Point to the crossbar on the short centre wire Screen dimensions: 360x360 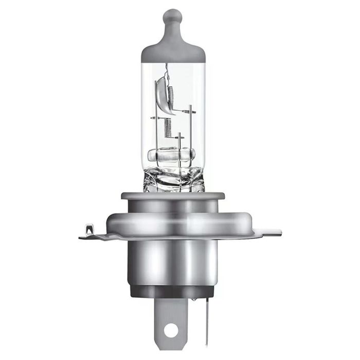coord(179,137)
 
